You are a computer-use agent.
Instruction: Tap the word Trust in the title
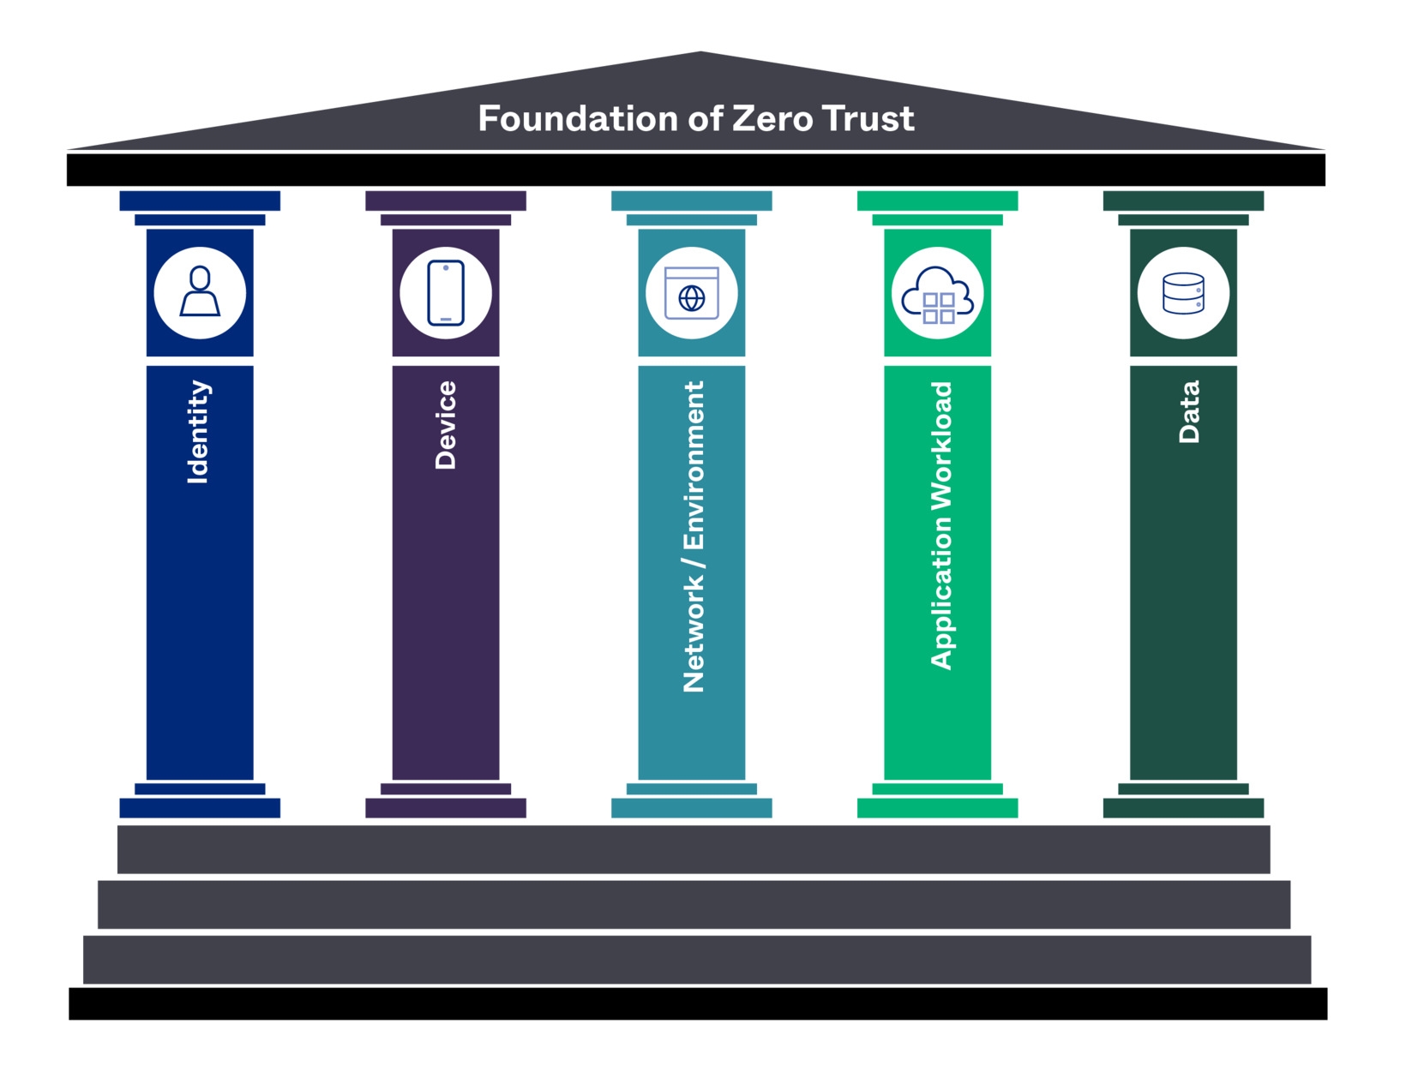pos(868,119)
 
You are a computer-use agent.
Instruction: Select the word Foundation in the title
pos(578,119)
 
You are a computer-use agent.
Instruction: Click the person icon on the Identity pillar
pos(200,293)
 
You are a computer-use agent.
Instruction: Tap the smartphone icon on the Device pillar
pos(446,293)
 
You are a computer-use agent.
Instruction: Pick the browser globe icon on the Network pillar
pos(692,293)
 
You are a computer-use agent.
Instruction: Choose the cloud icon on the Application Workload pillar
pos(937,293)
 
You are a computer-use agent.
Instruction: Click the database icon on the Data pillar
pos(1183,293)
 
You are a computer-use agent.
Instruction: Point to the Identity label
pos(198,432)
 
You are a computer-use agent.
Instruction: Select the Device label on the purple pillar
pos(446,425)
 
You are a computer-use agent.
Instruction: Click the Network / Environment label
pos(693,536)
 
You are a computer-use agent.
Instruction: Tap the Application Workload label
pos(941,525)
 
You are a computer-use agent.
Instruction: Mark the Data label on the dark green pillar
pos(1189,411)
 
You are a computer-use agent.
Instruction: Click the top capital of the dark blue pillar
pos(200,201)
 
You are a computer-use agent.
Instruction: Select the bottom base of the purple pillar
pos(446,807)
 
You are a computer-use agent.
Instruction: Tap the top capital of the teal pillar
pos(692,201)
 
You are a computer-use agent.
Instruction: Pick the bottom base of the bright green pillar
pos(937,807)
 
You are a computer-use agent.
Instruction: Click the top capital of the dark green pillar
pos(1183,201)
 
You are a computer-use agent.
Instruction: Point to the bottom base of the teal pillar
pos(692,807)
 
